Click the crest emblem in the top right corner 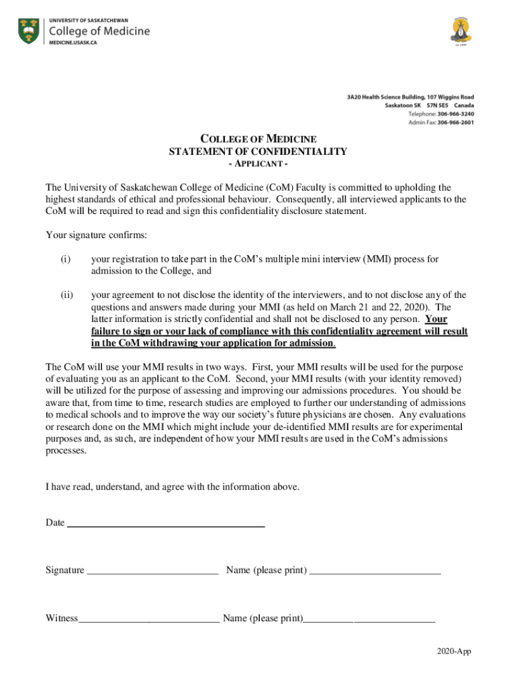pyautogui.click(x=458, y=31)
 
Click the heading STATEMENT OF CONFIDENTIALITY pyautogui.click(x=258, y=152)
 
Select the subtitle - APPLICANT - pyautogui.click(x=258, y=164)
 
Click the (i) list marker pyautogui.click(x=64, y=259)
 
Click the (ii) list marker pyautogui.click(x=66, y=295)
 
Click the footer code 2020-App pyautogui.click(x=453, y=651)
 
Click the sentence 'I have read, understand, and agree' pyautogui.click(x=173, y=486)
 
